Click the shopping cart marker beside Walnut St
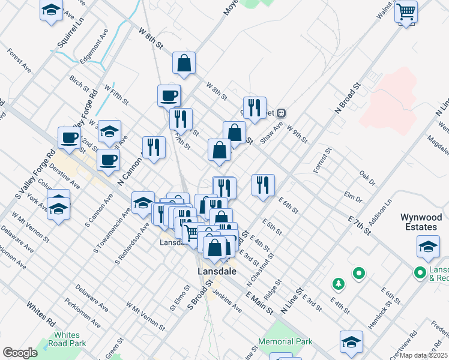coord(406,11)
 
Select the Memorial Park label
coord(285,341)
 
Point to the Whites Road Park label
coord(66,339)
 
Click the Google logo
coord(20,352)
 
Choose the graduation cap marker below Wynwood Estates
coord(429,247)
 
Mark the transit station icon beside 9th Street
coord(280,113)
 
